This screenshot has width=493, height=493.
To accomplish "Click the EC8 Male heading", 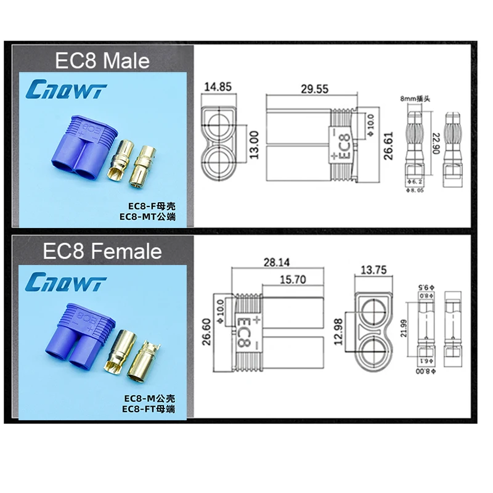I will coord(102,60).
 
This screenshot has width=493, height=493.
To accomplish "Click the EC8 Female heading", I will coord(102,251).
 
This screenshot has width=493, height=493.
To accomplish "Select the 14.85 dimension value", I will coord(218,87).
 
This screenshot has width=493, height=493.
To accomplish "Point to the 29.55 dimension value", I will coord(314,89).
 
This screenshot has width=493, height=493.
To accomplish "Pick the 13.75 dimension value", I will coord(373,269).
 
